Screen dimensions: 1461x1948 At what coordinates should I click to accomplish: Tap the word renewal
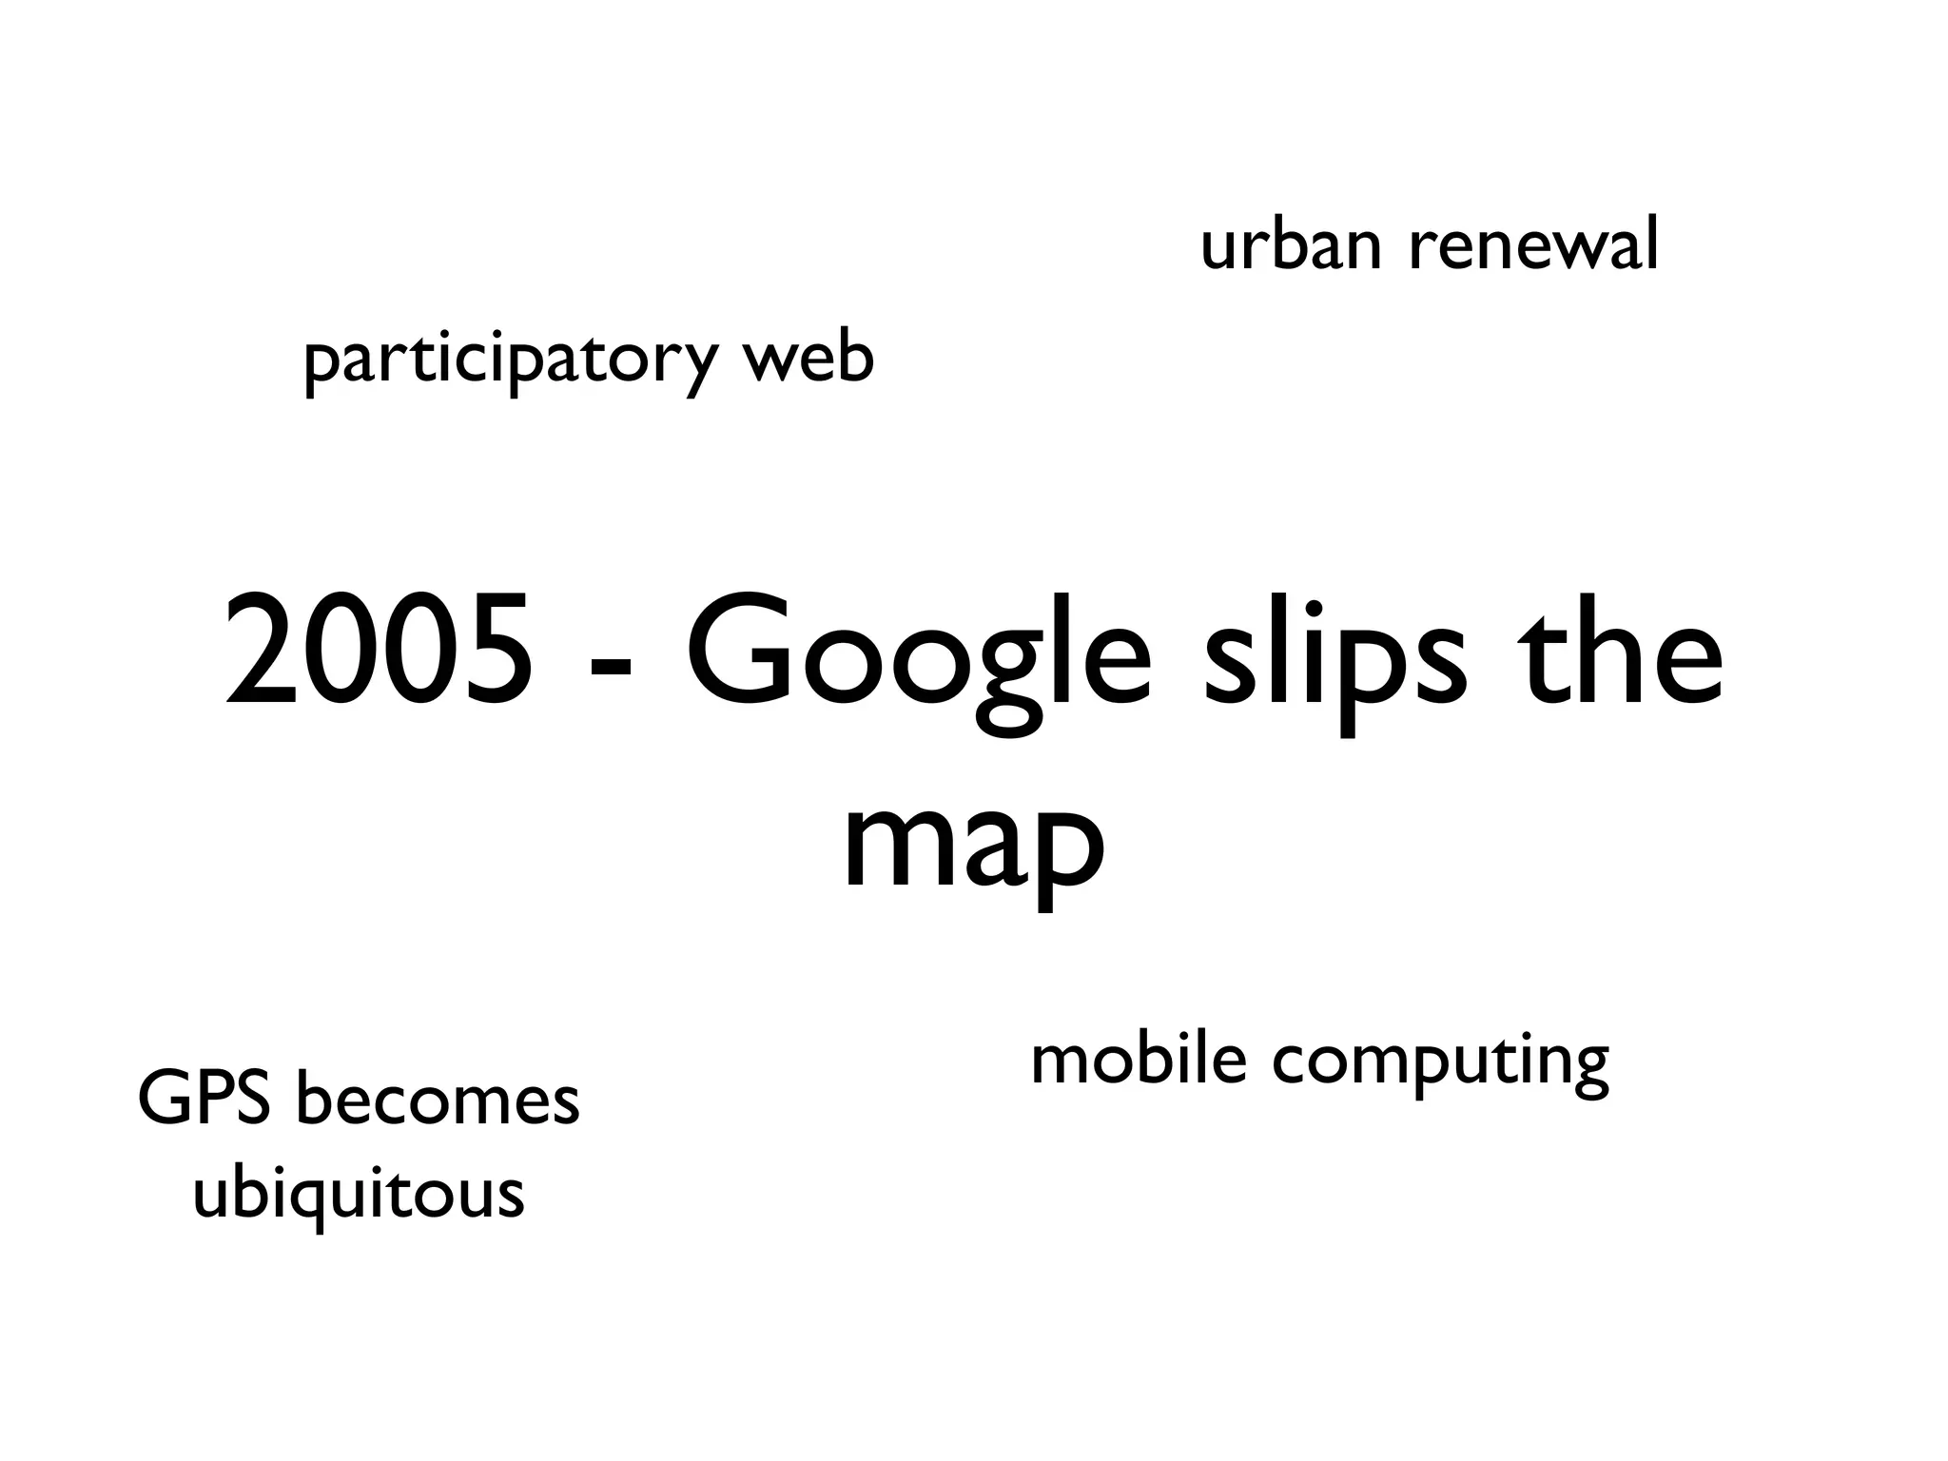(x=1533, y=244)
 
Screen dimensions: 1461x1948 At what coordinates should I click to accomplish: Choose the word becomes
(x=438, y=1100)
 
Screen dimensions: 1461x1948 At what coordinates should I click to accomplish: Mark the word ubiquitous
(x=359, y=1195)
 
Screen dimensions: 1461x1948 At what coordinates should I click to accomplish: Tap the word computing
(x=1440, y=1063)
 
